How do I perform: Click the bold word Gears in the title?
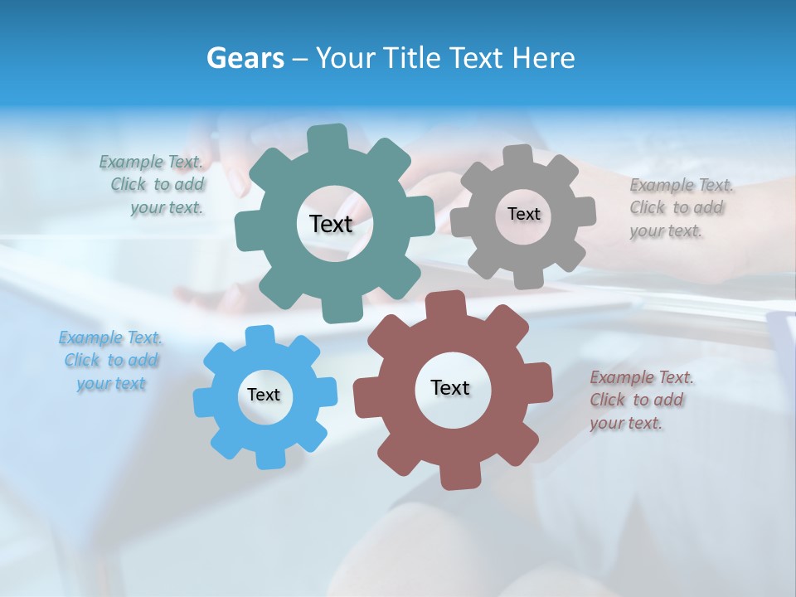[x=245, y=58]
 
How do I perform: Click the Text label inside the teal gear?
[x=331, y=224]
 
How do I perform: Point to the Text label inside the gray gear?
[x=523, y=214]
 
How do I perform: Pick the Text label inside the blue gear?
[x=264, y=395]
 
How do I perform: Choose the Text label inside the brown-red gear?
[x=450, y=387]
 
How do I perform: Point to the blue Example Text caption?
[x=111, y=360]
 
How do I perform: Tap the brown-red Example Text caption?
[x=640, y=400]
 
